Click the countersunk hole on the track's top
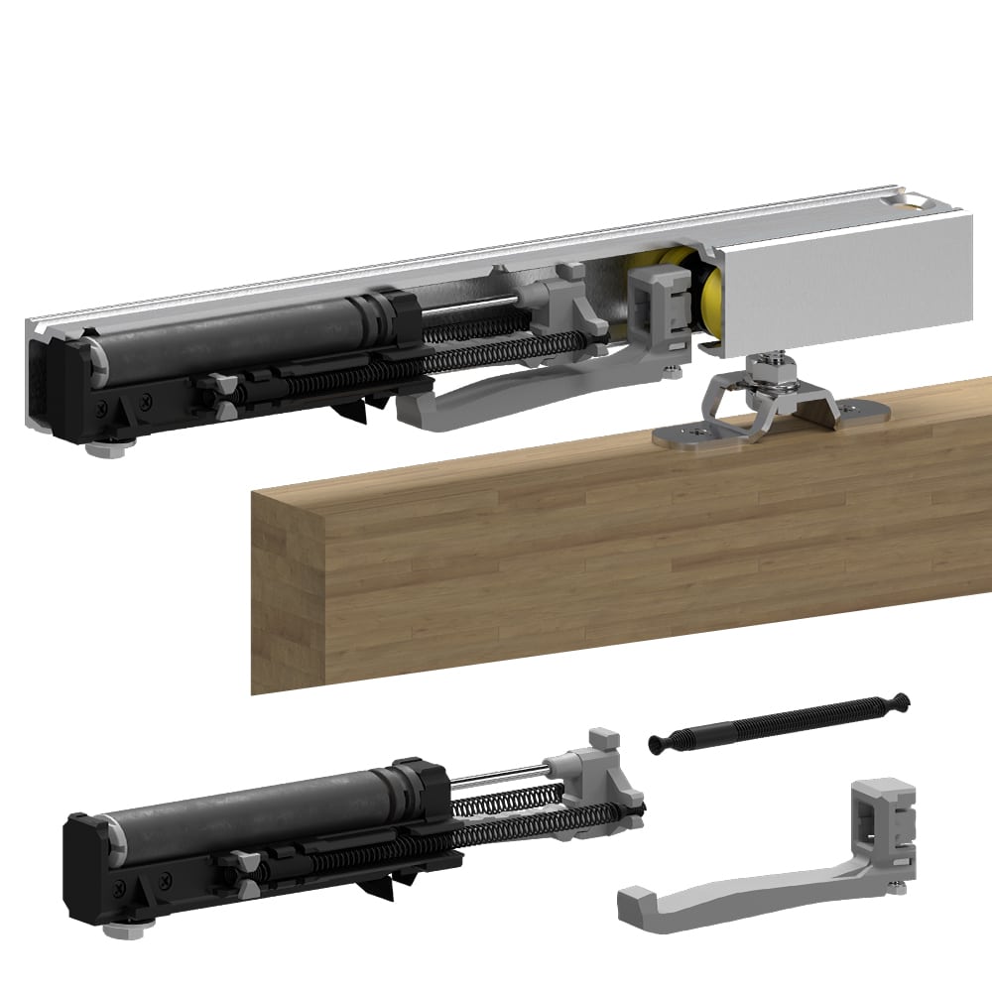click(x=911, y=204)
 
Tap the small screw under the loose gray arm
click(x=897, y=886)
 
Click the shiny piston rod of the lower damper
click(x=496, y=778)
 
